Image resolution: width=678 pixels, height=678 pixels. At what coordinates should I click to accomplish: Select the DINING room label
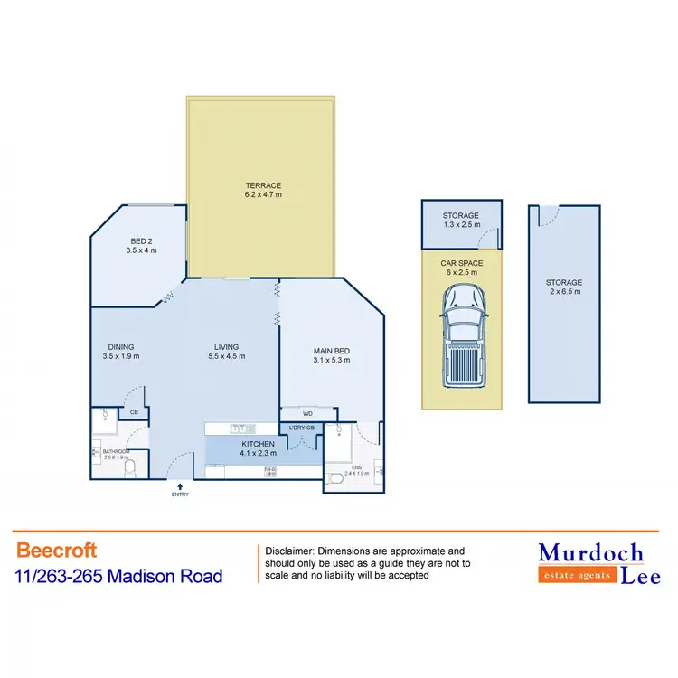pos(122,351)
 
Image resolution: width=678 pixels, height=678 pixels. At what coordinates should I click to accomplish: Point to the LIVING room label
pos(225,351)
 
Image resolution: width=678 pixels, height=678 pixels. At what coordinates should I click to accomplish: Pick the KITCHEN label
pos(258,448)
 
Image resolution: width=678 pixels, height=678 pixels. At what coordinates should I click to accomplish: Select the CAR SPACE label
pos(462,267)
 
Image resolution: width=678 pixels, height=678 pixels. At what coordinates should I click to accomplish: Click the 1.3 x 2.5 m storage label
pos(460,220)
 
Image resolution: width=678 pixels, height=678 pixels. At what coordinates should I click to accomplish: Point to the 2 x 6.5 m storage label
pos(563,287)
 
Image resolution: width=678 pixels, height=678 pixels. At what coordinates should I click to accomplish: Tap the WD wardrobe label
pos(307,413)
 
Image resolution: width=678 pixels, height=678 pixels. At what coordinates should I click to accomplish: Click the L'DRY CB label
pos(301,428)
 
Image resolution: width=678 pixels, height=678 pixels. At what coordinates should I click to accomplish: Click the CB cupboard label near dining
pos(134,413)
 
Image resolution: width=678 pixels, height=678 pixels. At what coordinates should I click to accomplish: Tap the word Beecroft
pos(56,550)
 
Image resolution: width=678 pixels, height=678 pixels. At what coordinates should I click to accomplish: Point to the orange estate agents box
pos(577,575)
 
